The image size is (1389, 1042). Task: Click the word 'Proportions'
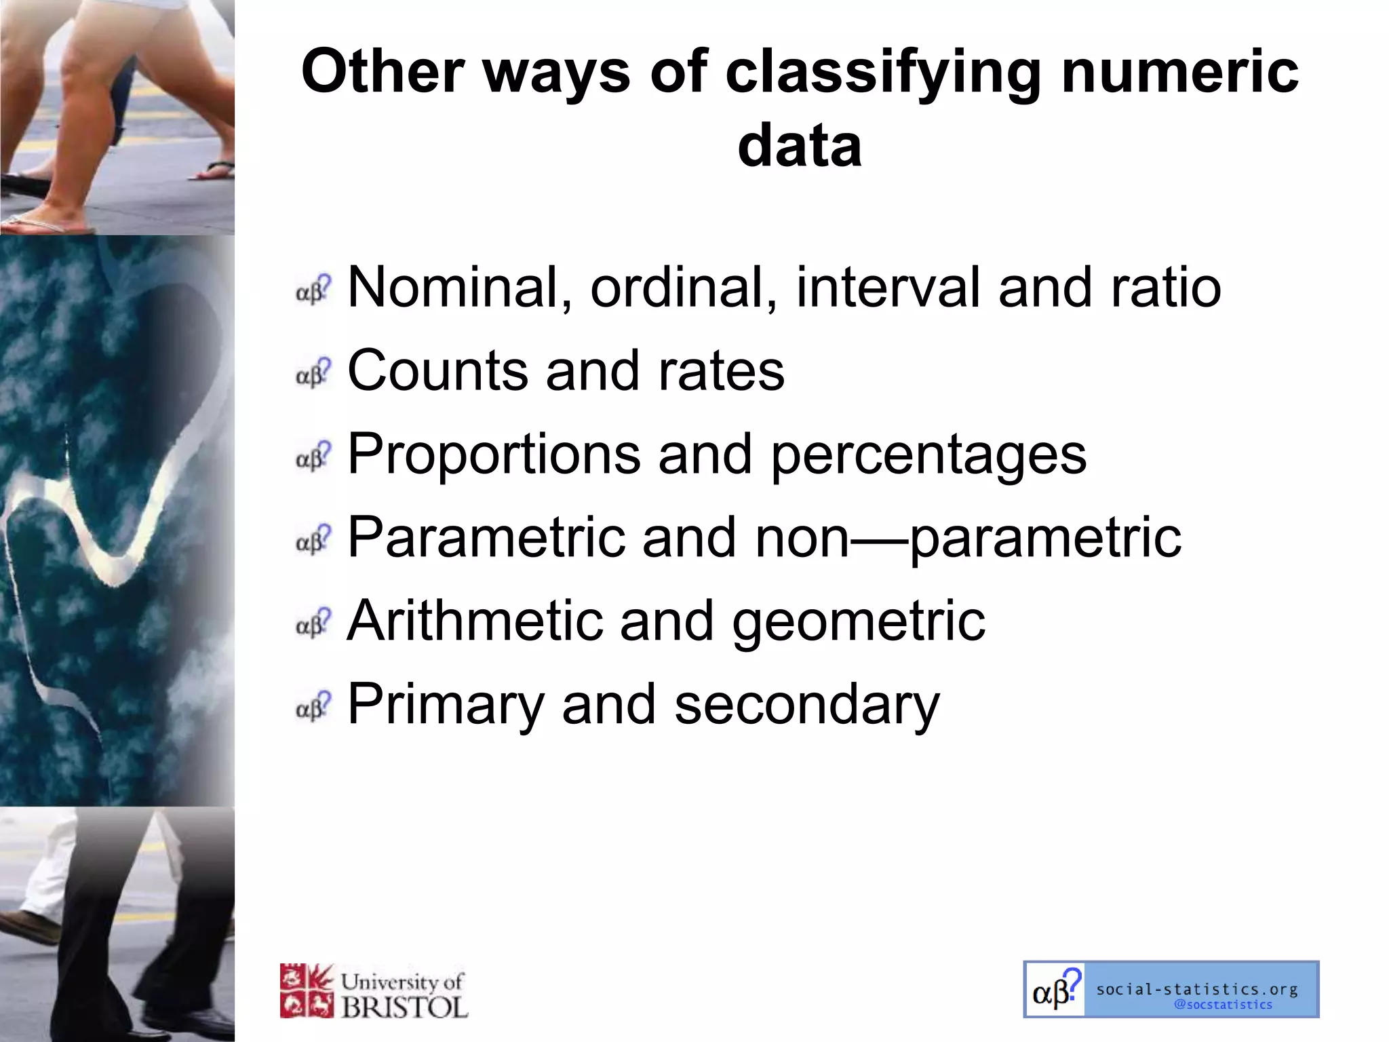point(494,455)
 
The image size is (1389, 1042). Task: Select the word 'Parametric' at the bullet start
point(486,537)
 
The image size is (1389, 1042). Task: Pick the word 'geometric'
point(858,621)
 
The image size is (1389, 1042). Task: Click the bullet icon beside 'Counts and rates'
point(313,372)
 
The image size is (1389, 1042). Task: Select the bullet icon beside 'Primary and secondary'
point(313,706)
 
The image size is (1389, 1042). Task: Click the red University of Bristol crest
point(307,991)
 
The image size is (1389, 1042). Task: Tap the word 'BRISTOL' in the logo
point(404,1007)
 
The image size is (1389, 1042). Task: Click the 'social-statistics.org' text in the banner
point(1197,990)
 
